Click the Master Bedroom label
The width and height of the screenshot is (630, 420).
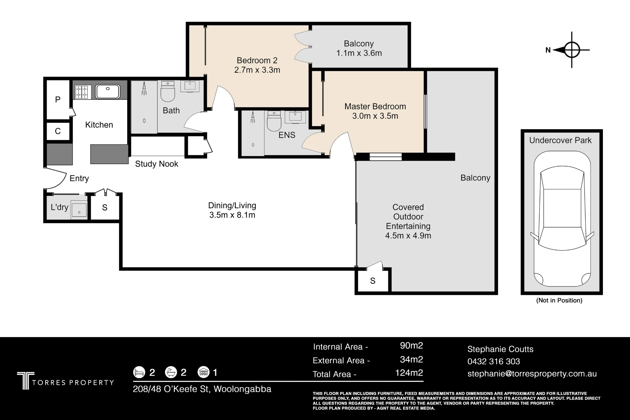tap(375, 106)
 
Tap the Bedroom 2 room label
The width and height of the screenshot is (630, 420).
tap(257, 60)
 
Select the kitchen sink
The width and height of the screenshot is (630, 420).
tap(107, 91)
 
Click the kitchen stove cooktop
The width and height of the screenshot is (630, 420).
tap(82, 92)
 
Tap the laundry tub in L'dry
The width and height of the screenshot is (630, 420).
tap(79, 208)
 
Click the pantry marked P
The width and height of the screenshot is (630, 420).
tap(58, 100)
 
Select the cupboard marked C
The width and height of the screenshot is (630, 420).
tap(58, 131)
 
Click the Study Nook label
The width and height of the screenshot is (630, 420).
tap(157, 164)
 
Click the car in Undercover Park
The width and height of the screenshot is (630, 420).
tap(562, 219)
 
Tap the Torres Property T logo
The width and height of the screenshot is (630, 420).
tap(26, 381)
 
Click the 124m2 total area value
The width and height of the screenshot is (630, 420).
tap(409, 373)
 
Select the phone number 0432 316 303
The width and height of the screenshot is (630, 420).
tap(494, 361)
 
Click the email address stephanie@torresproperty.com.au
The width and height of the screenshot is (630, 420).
tap(532, 374)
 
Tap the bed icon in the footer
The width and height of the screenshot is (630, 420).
tap(139, 372)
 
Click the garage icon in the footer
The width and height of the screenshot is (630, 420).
tap(203, 372)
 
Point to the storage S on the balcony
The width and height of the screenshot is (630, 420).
tap(373, 281)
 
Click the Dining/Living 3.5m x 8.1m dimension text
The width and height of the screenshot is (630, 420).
tap(232, 215)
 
